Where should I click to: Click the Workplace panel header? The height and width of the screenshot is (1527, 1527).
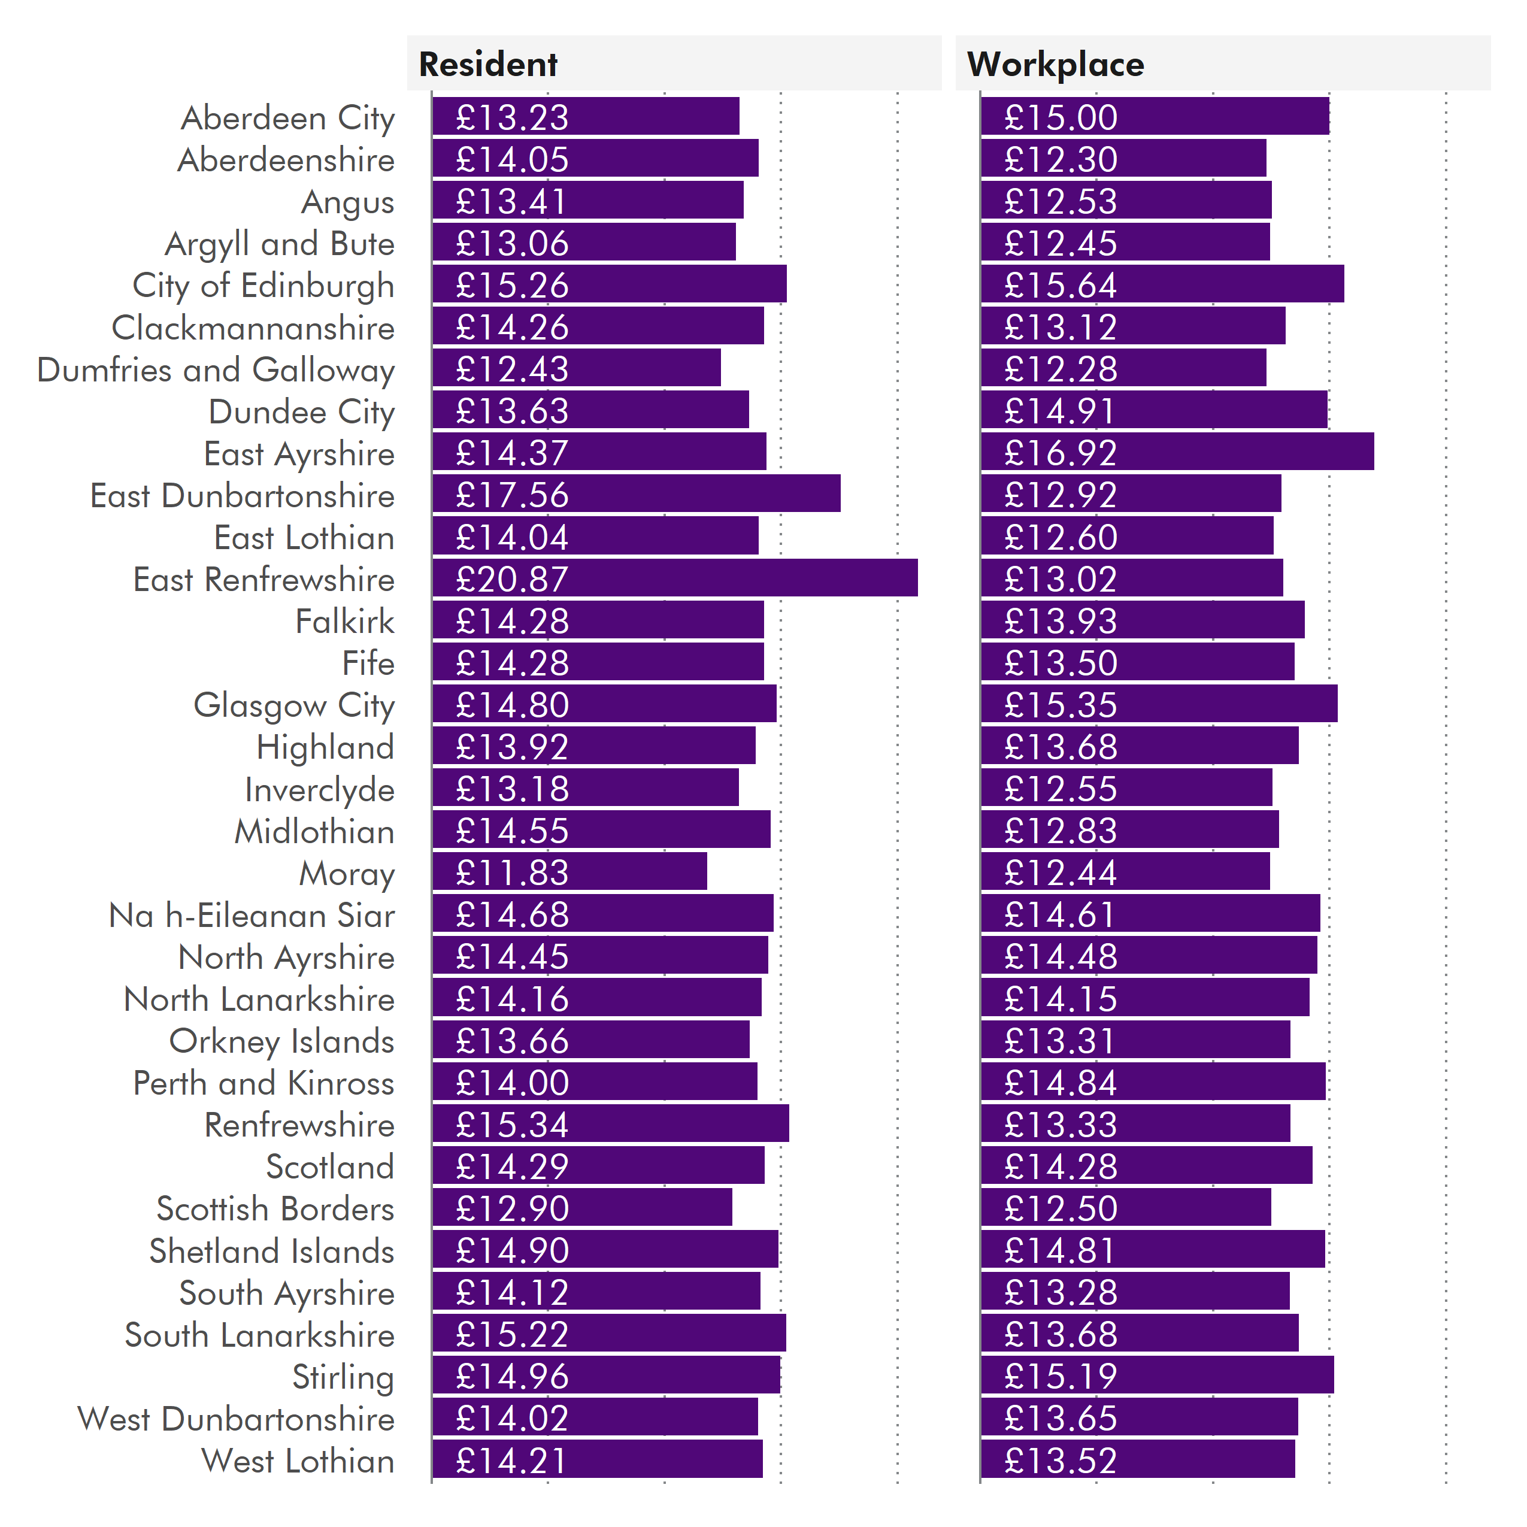[1055, 64]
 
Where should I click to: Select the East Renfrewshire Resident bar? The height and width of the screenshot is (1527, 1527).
[674, 578]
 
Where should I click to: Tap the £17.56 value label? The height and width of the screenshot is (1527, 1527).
[511, 495]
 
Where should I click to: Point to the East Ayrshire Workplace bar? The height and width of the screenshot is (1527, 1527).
[1176, 452]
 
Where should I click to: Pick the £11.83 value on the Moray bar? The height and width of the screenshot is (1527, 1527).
[511, 872]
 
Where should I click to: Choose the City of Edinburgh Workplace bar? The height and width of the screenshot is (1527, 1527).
[1161, 284]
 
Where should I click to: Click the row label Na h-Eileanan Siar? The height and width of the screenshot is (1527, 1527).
[252, 915]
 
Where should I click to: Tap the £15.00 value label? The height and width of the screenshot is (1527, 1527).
[1060, 118]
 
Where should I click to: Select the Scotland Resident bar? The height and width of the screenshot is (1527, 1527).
[598, 1166]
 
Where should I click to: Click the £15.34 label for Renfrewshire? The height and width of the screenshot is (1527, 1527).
[511, 1124]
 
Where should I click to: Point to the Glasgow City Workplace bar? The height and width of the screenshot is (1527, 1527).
[1158, 704]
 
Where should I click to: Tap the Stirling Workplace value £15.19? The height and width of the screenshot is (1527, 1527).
[1060, 1376]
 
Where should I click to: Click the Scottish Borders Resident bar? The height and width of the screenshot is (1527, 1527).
[581, 1208]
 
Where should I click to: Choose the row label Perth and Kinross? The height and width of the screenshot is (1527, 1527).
[263, 1083]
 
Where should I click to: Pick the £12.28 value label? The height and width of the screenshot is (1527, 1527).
[1060, 369]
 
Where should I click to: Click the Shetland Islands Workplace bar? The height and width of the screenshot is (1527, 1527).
[1152, 1250]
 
